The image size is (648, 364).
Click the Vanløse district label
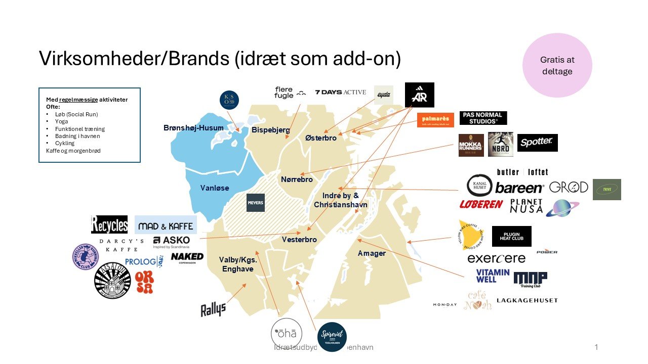tap(215, 188)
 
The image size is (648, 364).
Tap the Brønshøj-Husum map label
tap(193, 128)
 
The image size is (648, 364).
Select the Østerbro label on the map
tap(321, 138)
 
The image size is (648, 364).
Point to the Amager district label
tap(372, 253)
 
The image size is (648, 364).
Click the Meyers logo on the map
tap(255, 203)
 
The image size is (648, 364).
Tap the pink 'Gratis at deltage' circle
tap(557, 66)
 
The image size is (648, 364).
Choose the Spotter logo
tap(537, 143)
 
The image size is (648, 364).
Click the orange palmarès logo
tap(435, 120)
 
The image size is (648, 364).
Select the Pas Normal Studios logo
tap(483, 118)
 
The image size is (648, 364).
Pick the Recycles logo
tap(109, 224)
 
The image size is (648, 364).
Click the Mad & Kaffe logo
tap(165, 225)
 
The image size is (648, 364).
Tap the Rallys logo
tap(213, 308)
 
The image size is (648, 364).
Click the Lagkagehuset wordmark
tap(527, 300)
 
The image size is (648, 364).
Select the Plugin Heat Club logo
tap(511, 236)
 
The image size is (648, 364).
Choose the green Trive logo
tap(606, 190)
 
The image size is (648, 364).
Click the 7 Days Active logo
tap(340, 92)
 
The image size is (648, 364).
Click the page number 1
tap(596, 347)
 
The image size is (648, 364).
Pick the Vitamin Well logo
tap(493, 276)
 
